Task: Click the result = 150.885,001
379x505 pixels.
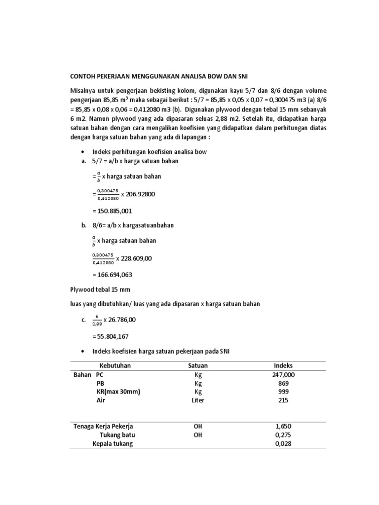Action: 112,211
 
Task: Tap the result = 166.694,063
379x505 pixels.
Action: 112,274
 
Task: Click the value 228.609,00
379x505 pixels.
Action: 134,257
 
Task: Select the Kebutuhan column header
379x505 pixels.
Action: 115,365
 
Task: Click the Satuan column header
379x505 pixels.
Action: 198,365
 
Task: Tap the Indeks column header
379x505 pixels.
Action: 283,365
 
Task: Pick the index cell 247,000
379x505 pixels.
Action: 283,375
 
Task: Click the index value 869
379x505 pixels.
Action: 283,383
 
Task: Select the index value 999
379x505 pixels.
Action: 283,392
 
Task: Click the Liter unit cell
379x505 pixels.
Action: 198,400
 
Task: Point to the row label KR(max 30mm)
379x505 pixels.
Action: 118,392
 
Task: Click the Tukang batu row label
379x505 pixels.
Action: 117,435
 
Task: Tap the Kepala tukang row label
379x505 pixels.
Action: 113,443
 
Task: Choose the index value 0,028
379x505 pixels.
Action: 283,443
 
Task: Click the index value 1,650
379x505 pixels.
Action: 283,426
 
